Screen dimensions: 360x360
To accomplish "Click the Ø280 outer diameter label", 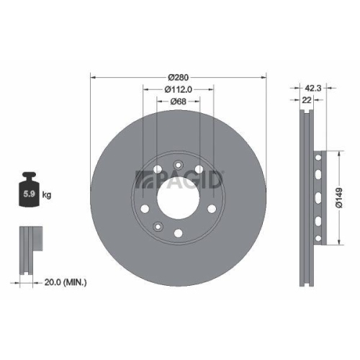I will pyautogui.click(x=179, y=76).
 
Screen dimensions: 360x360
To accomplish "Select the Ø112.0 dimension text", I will pyautogui.click(x=179, y=89).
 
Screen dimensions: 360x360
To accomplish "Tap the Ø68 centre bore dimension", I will pyautogui.click(x=179, y=102).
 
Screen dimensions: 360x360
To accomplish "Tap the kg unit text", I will pyautogui.click(x=47, y=194).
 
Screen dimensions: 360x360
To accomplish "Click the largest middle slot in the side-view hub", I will pyautogui.click(x=317, y=196).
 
